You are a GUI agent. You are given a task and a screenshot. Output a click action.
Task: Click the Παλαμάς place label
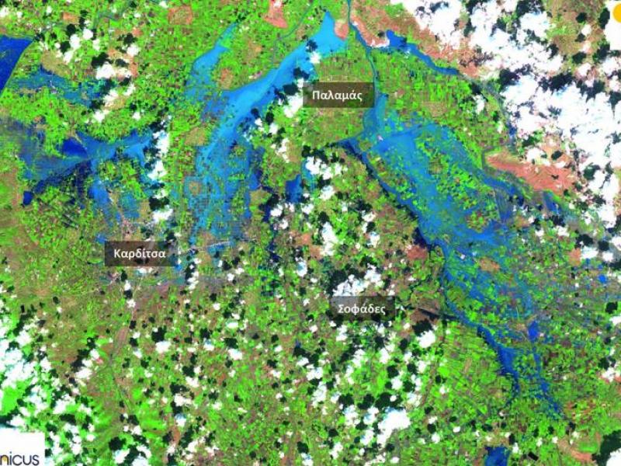(x=338, y=96)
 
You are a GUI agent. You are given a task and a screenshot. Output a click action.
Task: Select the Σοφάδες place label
(x=361, y=308)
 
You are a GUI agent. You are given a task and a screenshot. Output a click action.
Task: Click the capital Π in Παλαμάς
(x=316, y=96)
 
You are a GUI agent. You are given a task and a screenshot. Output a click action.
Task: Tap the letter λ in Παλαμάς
(x=331, y=96)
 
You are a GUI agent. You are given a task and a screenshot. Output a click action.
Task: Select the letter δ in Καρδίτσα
(x=141, y=253)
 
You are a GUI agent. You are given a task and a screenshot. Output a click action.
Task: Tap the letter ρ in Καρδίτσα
(x=133, y=255)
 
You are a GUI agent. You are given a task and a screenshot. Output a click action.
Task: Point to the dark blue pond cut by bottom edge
(x=497, y=457)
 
